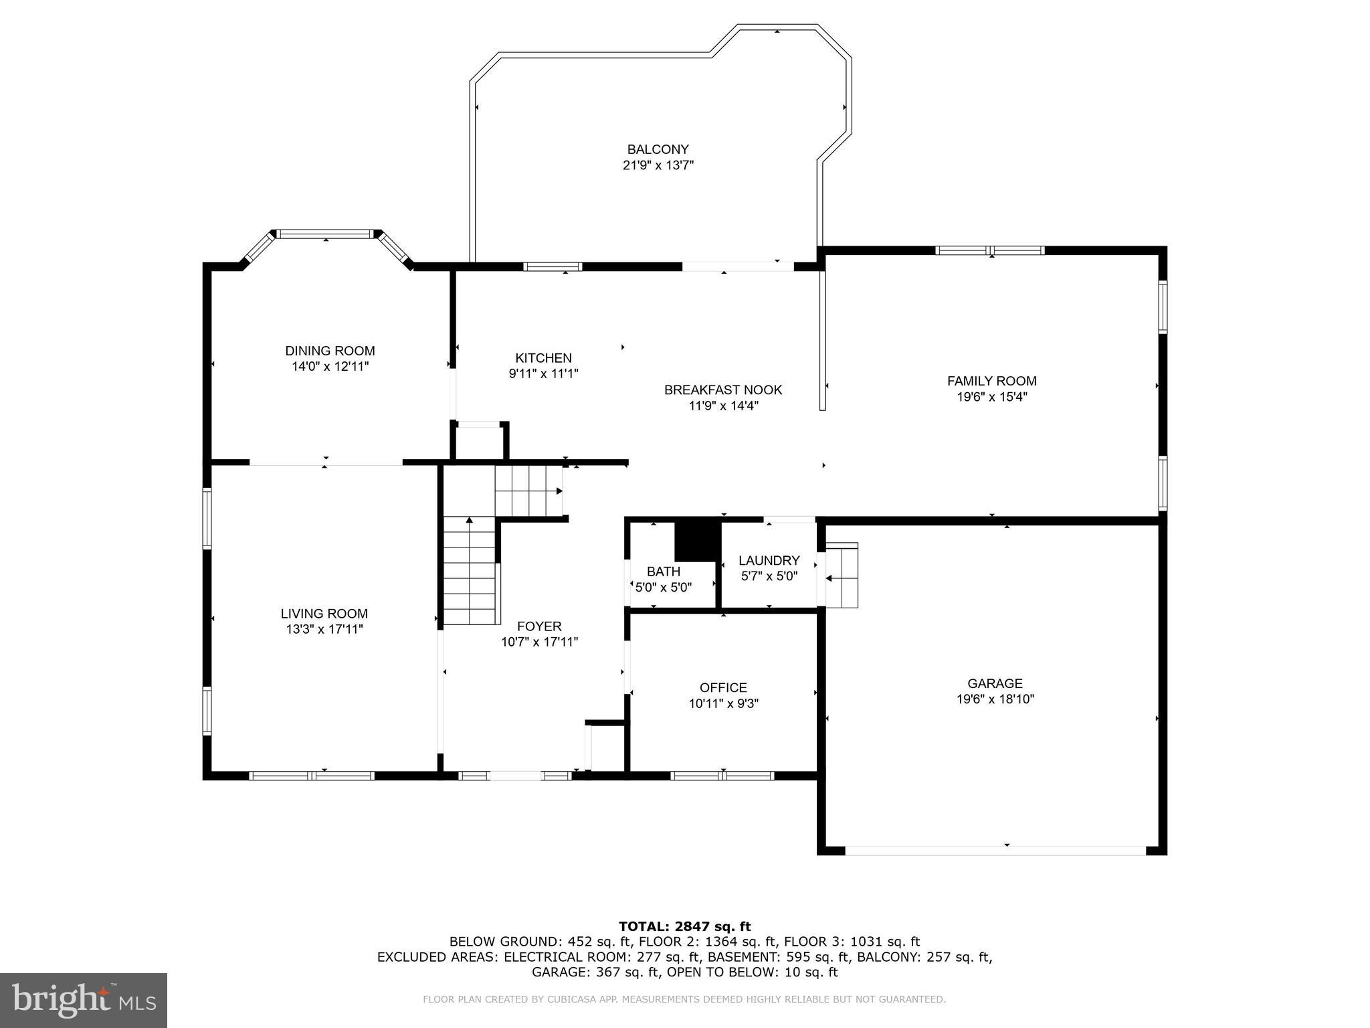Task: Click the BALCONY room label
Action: coord(658,150)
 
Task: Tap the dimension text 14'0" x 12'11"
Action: coord(330,367)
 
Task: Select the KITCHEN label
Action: coord(543,358)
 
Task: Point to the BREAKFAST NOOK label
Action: coord(722,390)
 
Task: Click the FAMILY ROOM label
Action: coord(991,381)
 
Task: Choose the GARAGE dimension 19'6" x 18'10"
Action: coord(995,699)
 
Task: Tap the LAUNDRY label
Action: coord(769,561)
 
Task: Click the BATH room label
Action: coord(663,572)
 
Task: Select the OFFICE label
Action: coord(722,687)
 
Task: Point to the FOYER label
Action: coord(539,626)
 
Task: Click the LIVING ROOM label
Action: coord(324,613)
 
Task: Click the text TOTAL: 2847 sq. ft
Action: coord(684,926)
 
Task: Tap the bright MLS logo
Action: coord(84,1000)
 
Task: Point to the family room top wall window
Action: coord(989,251)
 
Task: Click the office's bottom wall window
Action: coord(722,776)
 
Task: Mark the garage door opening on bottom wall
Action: coord(995,851)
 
